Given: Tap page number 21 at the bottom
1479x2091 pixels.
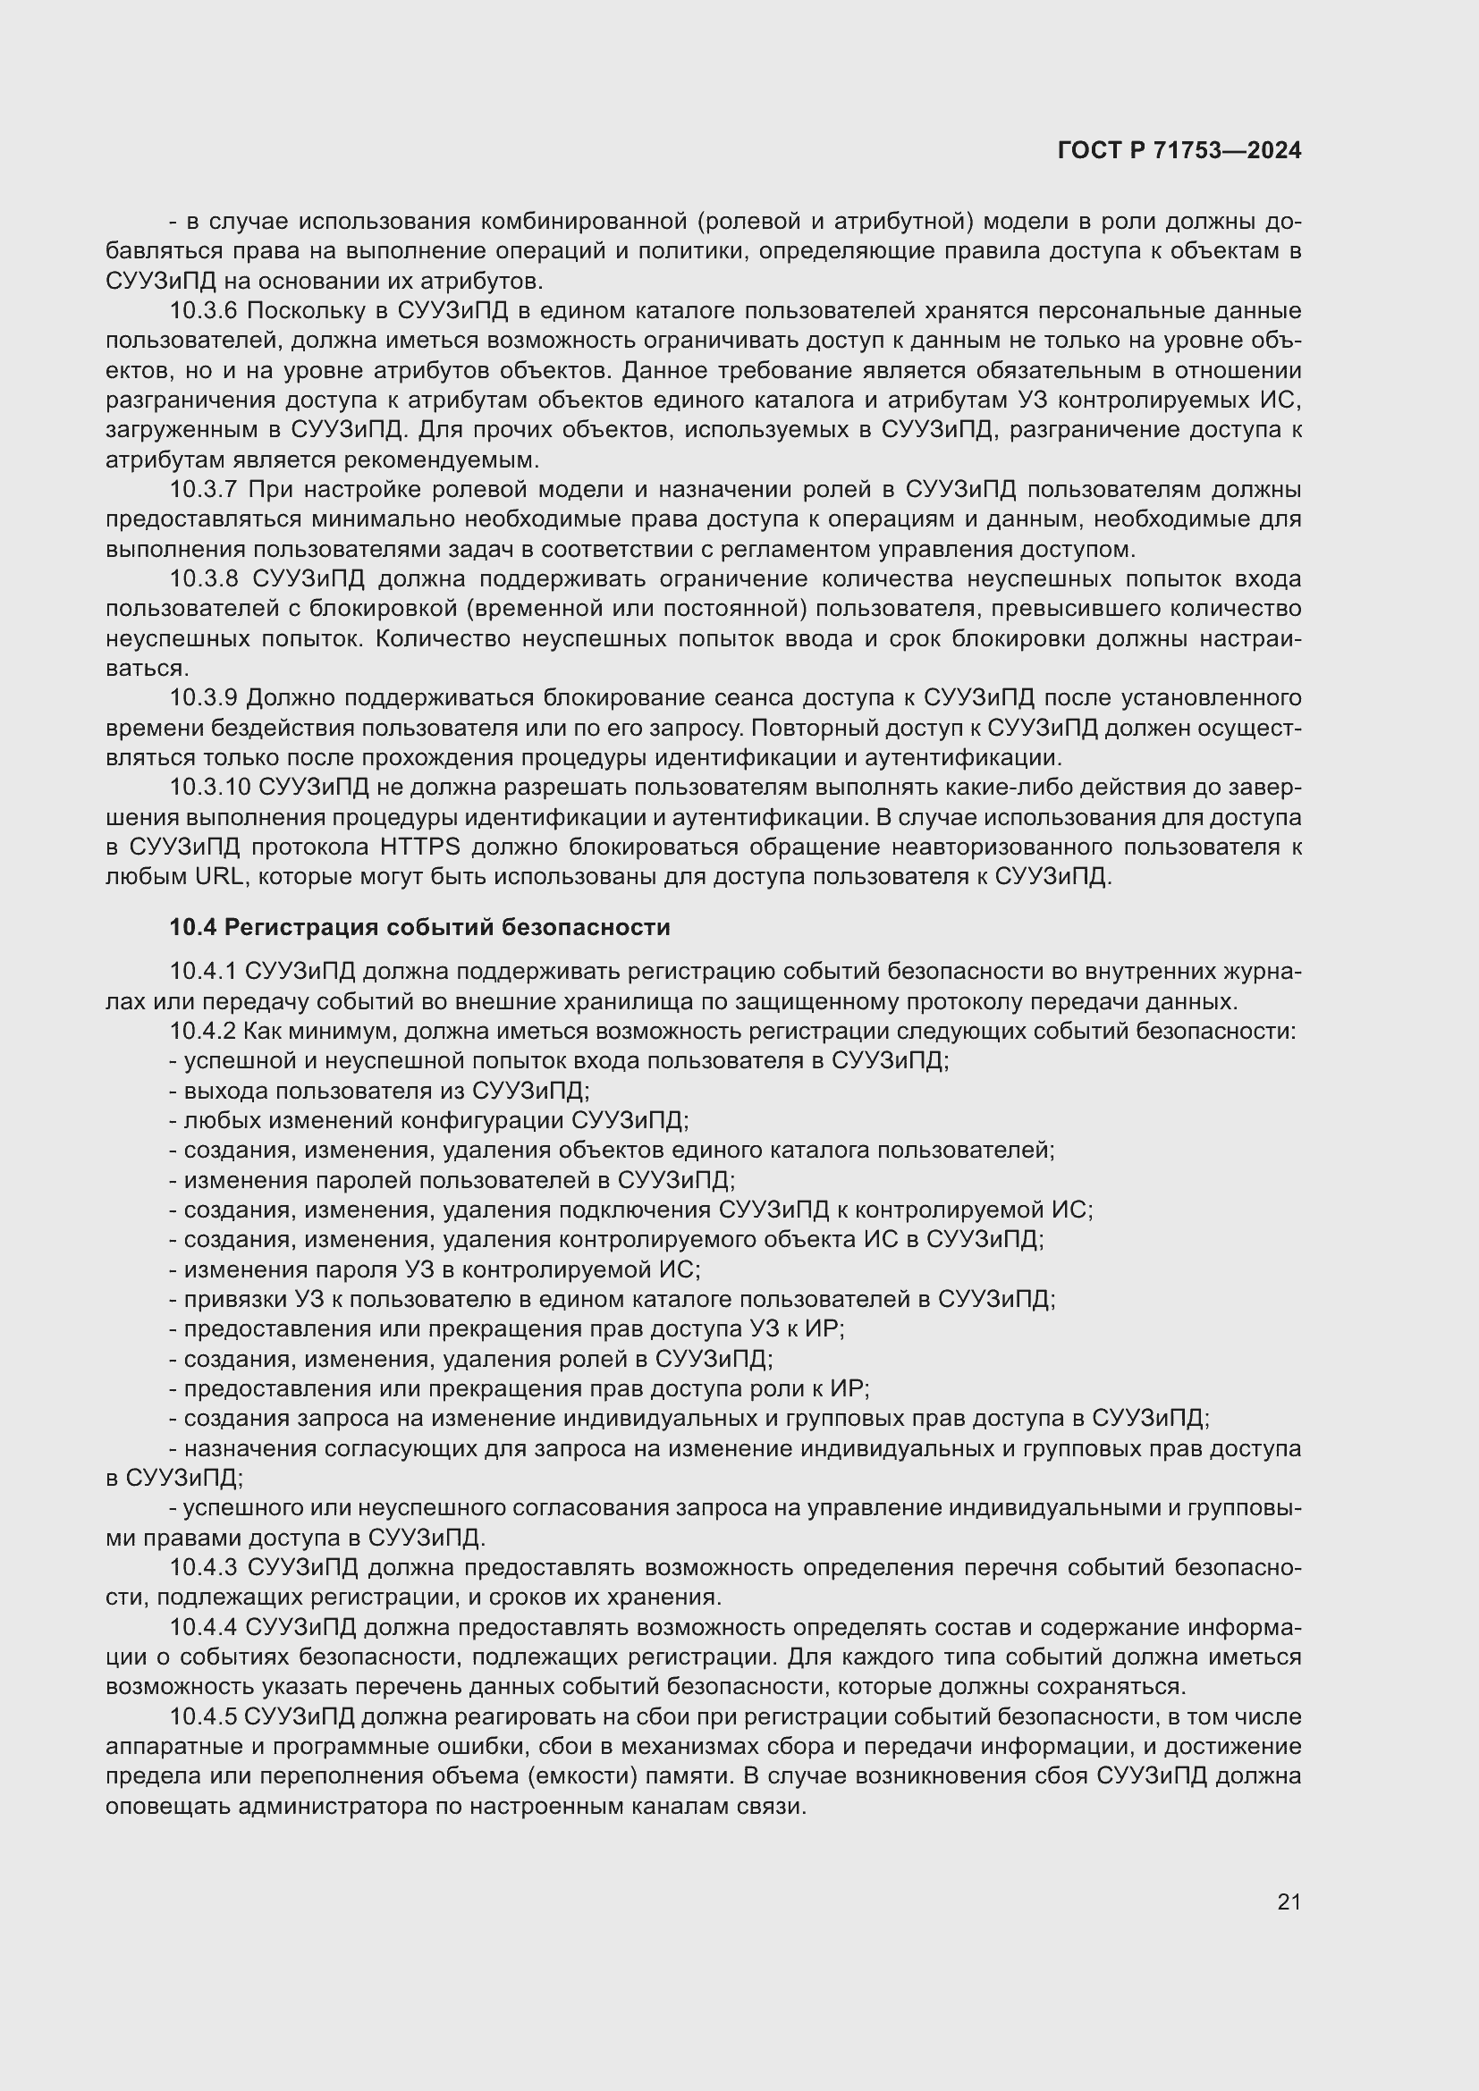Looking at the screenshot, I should [x=1289, y=1901].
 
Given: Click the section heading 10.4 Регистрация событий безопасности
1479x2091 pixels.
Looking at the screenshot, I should [x=420, y=927].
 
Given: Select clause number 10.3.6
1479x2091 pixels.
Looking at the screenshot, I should [x=203, y=311].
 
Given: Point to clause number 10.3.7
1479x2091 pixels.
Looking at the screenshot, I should [x=203, y=490].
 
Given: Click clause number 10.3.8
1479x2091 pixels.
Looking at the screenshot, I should [x=203, y=579].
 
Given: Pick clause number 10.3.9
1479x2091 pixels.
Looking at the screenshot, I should [x=203, y=698].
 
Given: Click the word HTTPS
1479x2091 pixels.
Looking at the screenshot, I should [x=420, y=847].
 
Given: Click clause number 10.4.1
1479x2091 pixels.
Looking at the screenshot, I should [x=203, y=973].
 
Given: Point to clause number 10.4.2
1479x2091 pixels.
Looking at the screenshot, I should [x=203, y=1032].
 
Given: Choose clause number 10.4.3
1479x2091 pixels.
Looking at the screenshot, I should [x=203, y=1567].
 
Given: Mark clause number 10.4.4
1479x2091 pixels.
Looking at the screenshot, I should [x=203, y=1627].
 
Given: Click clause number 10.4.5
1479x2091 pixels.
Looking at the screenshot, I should [x=203, y=1716].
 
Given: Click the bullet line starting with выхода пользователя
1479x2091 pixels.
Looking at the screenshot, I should [x=380, y=1091].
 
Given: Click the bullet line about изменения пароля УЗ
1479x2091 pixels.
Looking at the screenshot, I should [x=435, y=1269].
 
